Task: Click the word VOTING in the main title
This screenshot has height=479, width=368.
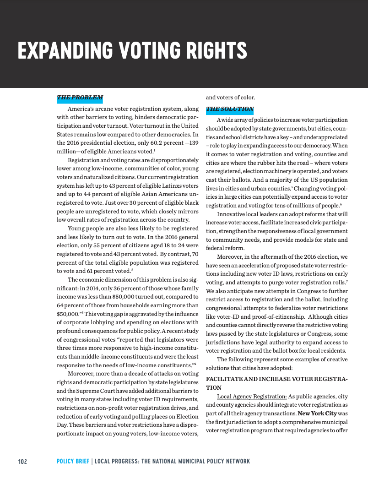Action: click(149, 50)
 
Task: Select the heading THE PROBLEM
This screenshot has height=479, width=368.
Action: click(80, 98)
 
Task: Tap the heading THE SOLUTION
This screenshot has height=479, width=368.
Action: click(230, 109)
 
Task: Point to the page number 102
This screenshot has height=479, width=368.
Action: click(22, 461)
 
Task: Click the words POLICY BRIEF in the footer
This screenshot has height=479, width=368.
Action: click(73, 461)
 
